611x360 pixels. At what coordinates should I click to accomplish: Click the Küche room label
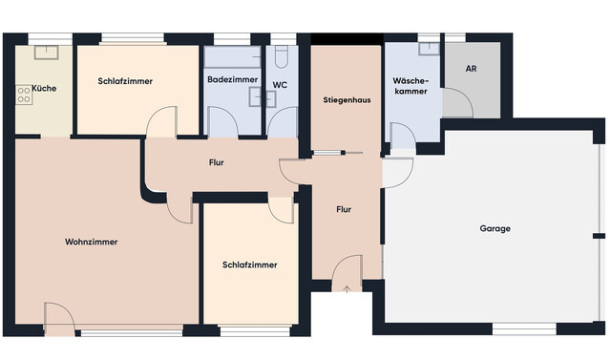point(44,89)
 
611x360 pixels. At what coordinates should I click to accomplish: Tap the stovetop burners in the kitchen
point(24,95)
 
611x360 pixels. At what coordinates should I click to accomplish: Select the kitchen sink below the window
point(47,53)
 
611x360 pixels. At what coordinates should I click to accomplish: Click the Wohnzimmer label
point(92,242)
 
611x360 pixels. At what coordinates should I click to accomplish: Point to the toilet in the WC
point(281,56)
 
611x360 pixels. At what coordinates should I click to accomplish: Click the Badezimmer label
point(233,80)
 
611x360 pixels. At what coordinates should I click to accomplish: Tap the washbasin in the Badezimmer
point(263,97)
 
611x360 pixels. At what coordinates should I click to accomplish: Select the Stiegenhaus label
point(347,100)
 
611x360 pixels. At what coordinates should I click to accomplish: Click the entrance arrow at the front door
point(347,288)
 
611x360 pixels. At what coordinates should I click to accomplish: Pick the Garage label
point(495,229)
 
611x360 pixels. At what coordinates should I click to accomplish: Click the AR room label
point(471,69)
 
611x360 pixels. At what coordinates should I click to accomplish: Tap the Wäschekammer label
point(411,86)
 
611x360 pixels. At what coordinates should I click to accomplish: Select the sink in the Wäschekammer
point(429,49)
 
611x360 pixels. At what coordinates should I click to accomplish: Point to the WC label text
point(280,85)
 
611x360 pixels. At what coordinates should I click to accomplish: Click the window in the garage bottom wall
point(524,328)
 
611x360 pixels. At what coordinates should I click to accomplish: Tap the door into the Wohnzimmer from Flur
point(180,208)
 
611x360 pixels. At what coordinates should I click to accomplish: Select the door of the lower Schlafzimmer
point(281,210)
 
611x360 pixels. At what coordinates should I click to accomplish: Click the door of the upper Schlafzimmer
point(161,121)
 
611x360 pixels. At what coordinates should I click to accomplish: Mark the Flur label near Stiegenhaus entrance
point(344,210)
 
